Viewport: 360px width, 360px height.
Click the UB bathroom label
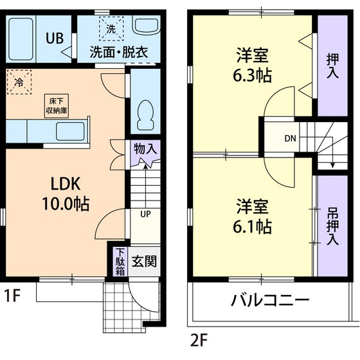[54, 37]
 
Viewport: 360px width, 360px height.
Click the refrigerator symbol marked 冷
[19, 83]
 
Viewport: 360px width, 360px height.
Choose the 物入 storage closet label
[145, 149]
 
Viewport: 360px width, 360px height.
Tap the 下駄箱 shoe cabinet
[120, 262]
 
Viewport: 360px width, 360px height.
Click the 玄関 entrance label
[145, 262]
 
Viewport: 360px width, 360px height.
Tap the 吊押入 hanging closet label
[333, 226]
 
